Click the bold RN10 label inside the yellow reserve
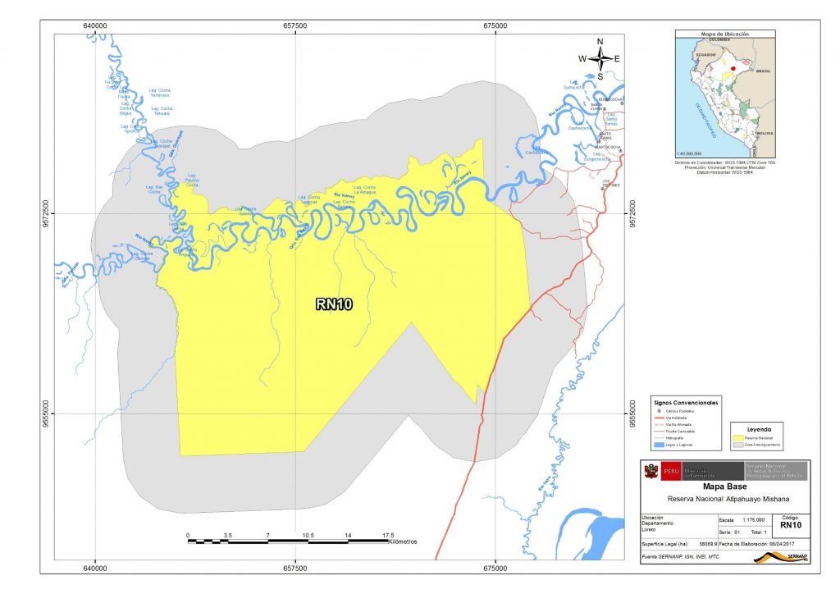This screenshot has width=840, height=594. tap(334, 304)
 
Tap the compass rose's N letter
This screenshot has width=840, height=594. tap(600, 42)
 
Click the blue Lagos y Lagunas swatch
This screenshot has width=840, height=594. tap(657, 444)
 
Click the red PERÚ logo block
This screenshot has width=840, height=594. tap(669, 472)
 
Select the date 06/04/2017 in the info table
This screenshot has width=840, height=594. tap(784, 544)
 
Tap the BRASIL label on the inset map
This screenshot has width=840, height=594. tap(775, 71)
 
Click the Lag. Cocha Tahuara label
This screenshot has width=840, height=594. tap(162, 112)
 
